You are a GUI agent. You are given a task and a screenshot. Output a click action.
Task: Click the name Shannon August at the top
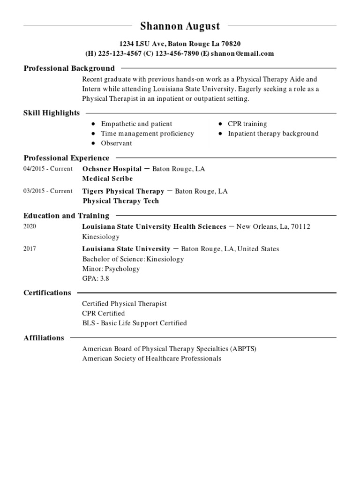(x=180, y=26)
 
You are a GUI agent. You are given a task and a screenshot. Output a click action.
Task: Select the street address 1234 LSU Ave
(x=135, y=44)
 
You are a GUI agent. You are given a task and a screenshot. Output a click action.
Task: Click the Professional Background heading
(x=69, y=68)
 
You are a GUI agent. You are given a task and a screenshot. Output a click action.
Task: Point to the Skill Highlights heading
(x=52, y=113)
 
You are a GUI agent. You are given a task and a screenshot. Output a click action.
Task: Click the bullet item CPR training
(x=247, y=124)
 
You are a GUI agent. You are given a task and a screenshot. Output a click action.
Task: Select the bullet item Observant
(x=116, y=143)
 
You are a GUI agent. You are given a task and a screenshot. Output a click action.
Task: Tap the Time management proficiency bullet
(x=147, y=134)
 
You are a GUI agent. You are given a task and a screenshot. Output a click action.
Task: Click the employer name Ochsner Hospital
(x=112, y=169)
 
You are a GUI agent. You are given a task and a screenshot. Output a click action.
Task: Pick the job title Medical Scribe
(x=107, y=179)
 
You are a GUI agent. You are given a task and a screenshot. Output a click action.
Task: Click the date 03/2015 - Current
(x=48, y=191)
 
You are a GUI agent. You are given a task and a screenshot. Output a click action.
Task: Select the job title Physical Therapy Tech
(x=120, y=201)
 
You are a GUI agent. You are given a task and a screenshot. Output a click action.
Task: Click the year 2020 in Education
(x=30, y=226)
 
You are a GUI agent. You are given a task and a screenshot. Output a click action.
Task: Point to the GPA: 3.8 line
(x=96, y=278)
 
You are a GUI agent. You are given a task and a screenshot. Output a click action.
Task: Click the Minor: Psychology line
(x=111, y=269)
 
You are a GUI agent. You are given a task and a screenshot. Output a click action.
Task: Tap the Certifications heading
(x=47, y=293)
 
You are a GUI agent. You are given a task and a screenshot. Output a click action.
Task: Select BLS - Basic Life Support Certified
(x=134, y=323)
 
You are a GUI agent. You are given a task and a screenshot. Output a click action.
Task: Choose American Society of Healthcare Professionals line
(x=151, y=359)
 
